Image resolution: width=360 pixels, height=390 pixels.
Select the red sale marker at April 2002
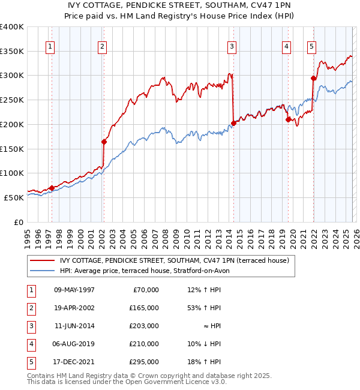pos(104,142)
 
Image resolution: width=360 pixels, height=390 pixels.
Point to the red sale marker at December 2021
pos(313,78)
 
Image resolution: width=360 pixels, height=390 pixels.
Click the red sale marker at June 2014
pos(233,123)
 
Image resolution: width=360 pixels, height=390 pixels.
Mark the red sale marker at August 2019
pos(288,119)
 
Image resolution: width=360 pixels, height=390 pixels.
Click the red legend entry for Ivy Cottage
pos(175,260)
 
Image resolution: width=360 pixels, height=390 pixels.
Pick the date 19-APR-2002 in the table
pos(74,308)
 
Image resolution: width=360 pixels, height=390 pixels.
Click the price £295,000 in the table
pos(145,362)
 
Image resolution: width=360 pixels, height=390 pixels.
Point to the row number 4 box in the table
pos(29,344)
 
